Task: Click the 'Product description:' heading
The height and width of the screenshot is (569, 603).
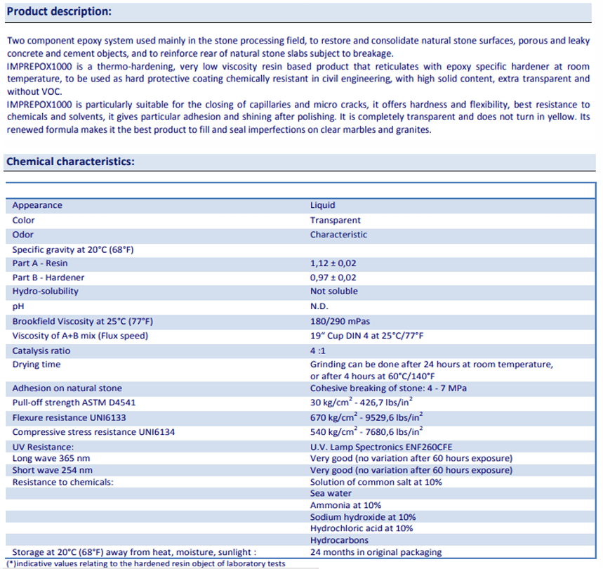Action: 58,12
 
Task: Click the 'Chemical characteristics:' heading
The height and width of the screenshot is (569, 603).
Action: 70,162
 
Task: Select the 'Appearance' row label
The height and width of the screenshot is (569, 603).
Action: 37,205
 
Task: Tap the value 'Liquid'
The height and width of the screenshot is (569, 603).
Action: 323,205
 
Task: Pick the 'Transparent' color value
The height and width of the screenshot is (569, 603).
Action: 336,220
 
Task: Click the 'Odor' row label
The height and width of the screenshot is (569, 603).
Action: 23,235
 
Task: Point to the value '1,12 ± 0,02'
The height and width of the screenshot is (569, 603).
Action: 333,263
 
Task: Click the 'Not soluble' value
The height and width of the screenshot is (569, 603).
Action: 334,291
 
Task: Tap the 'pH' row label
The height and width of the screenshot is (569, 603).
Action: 18,307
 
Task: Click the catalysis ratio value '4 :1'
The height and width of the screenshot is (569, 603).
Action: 318,350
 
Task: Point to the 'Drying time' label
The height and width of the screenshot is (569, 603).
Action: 37,365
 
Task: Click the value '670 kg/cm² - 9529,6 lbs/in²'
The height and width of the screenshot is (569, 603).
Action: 366,417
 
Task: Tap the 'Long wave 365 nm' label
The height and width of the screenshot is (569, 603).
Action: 52,459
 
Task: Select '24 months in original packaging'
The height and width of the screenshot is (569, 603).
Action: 376,552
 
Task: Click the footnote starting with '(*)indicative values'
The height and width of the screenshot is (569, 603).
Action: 146,563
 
